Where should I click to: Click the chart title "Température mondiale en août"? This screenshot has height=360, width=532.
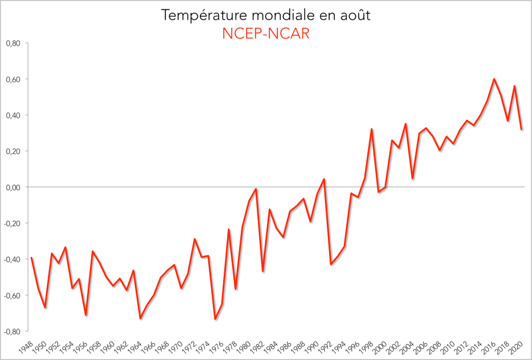tap(266, 15)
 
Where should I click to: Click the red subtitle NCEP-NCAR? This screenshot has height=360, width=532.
tap(266, 34)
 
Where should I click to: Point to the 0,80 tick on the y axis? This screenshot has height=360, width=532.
tap(13, 43)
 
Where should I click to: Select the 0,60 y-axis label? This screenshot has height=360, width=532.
tap(13, 79)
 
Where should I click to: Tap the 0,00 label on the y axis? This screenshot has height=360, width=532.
tap(13, 187)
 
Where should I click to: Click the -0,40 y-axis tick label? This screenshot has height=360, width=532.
tap(12, 259)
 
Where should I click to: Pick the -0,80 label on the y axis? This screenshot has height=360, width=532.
tap(12, 331)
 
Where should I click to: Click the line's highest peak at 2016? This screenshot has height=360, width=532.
tap(494, 79)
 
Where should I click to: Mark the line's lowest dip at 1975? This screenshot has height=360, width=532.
tap(215, 319)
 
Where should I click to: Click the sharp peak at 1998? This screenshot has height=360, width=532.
tap(372, 129)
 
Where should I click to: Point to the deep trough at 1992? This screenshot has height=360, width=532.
tap(331, 264)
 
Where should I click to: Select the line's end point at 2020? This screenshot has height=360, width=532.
tap(521, 129)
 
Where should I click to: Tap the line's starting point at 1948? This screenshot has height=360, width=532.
tap(31, 258)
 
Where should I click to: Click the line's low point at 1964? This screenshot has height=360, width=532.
tap(140, 319)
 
